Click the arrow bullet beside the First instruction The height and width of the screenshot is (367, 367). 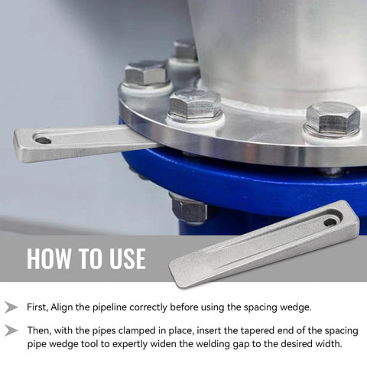(x=11, y=307)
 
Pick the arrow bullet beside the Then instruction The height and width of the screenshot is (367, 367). (x=11, y=330)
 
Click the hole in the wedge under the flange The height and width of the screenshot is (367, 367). (x=43, y=140)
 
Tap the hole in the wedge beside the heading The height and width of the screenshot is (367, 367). (x=330, y=222)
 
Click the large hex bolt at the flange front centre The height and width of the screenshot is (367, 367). (x=194, y=105)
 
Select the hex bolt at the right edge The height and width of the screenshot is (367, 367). (x=332, y=118)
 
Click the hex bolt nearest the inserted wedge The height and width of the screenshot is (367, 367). (x=145, y=73)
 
